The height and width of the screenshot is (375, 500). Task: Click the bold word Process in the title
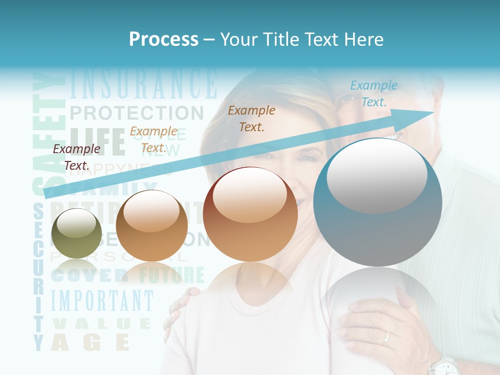tap(164, 39)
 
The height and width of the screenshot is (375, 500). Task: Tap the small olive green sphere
tap(77, 233)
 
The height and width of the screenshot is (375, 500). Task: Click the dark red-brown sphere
tap(251, 215)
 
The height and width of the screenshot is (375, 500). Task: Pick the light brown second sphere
tap(152, 226)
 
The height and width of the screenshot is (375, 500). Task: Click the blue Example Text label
tap(374, 94)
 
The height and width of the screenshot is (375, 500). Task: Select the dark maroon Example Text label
tap(77, 157)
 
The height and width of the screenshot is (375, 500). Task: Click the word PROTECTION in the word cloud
tap(136, 113)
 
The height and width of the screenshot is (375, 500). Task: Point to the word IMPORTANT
tap(102, 301)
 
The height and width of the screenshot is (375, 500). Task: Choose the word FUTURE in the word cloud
tap(166, 274)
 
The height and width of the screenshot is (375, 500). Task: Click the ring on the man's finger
tap(386, 339)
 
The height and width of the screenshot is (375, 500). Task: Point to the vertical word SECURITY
tap(39, 276)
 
